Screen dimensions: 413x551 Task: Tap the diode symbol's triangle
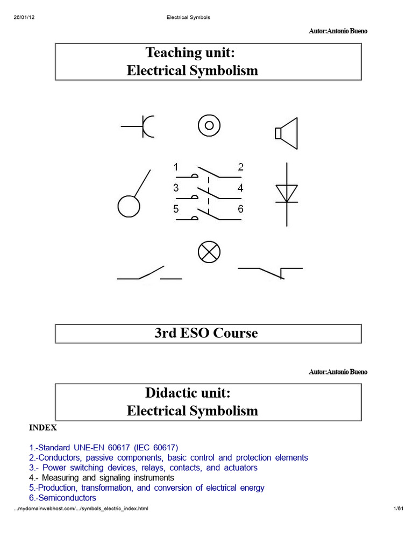(287, 194)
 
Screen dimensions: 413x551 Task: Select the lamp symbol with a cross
(209, 252)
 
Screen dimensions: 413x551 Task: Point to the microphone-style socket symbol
(144, 126)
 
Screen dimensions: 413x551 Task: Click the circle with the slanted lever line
(129, 207)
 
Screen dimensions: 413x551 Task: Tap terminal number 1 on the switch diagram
(176, 167)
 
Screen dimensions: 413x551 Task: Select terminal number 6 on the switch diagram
(240, 209)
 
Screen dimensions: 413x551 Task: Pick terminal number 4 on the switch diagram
(240, 188)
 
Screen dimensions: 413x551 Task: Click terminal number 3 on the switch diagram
(176, 188)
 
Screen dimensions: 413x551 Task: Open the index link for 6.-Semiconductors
(62, 498)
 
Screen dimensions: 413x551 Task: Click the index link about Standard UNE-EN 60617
(104, 448)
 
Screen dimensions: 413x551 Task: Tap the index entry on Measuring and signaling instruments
(102, 478)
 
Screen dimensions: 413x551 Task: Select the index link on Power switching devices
(143, 468)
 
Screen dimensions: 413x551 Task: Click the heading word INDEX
(43, 428)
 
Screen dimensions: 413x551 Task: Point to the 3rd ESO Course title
(206, 333)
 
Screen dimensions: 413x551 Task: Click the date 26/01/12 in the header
(24, 17)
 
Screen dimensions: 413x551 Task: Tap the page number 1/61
(398, 508)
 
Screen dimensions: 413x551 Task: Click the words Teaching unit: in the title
(190, 53)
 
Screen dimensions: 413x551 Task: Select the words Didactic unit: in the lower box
(188, 393)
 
